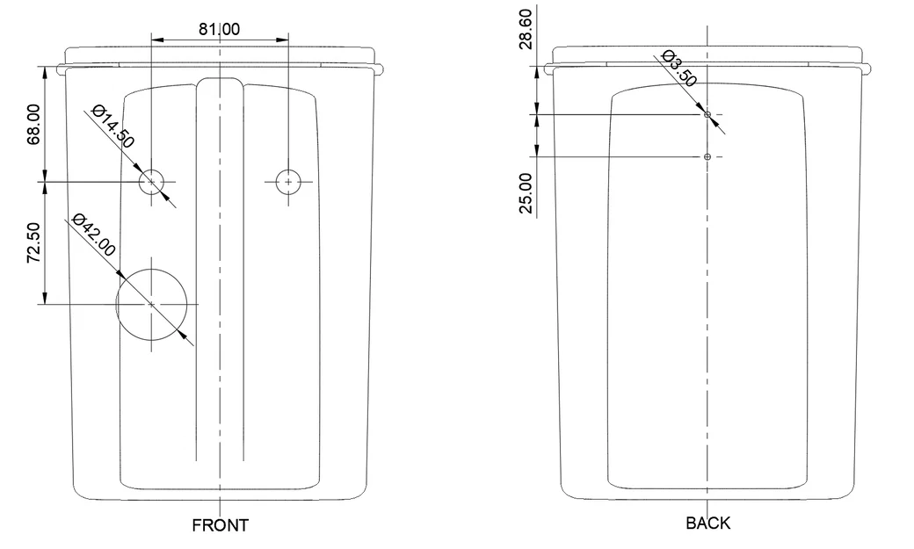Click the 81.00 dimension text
point(219,29)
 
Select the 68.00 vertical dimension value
point(33,124)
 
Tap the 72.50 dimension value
point(33,242)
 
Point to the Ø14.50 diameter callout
point(113,126)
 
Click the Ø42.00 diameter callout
point(94,235)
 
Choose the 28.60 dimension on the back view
point(526,29)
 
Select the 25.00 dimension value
point(526,193)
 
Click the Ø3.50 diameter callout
point(679,69)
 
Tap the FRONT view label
point(221,525)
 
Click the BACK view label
point(707,524)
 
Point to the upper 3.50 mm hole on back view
point(707,115)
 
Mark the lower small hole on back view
point(707,156)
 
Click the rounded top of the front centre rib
point(220,79)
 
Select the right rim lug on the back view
point(868,69)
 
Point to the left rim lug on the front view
point(62,69)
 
